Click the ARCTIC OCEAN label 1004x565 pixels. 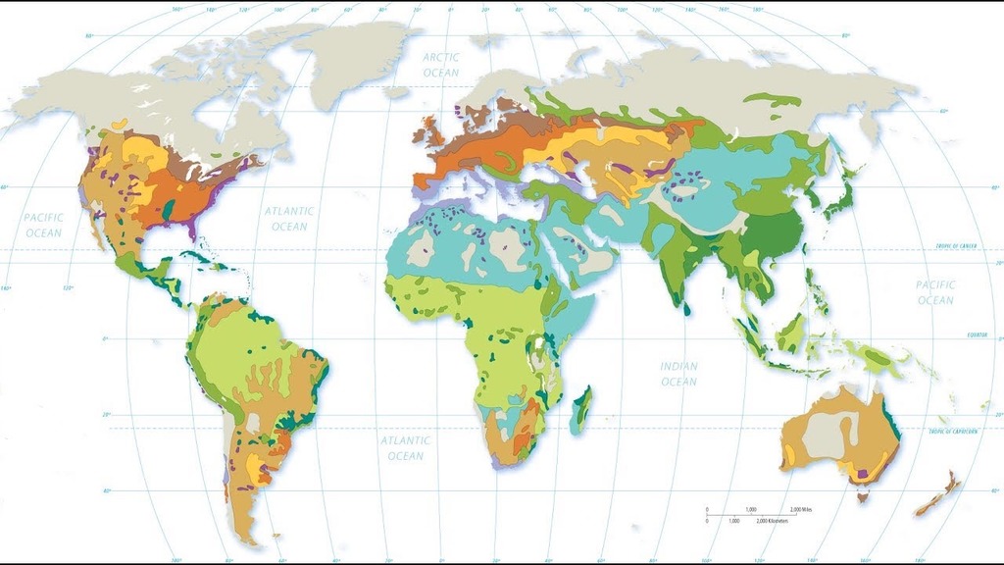click(x=440, y=65)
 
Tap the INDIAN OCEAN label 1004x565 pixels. click(x=678, y=374)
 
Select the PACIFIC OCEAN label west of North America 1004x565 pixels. click(x=43, y=225)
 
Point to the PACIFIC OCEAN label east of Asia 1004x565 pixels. click(x=934, y=291)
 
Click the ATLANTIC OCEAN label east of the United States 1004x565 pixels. click(x=289, y=219)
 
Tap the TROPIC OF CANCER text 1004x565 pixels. click(x=956, y=245)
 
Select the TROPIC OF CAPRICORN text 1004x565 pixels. click(x=955, y=432)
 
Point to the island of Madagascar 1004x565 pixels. click(x=580, y=410)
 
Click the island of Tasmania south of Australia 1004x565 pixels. click(x=862, y=497)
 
